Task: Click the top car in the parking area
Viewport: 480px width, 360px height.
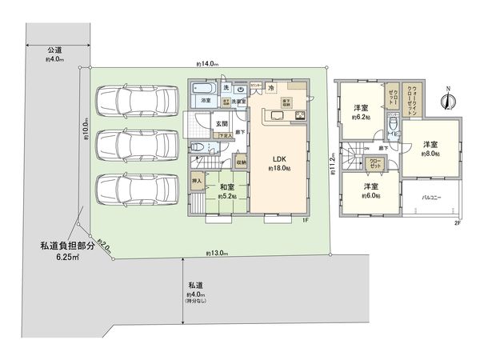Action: click(x=134, y=101)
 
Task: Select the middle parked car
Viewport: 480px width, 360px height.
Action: click(x=134, y=145)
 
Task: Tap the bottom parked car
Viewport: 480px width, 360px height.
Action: click(x=134, y=190)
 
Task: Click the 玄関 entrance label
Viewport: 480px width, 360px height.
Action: click(x=222, y=124)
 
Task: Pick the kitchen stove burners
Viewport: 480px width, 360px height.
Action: click(x=300, y=118)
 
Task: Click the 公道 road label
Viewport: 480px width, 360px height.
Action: click(x=54, y=50)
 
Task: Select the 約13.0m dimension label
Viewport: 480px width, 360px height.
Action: click(x=216, y=253)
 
